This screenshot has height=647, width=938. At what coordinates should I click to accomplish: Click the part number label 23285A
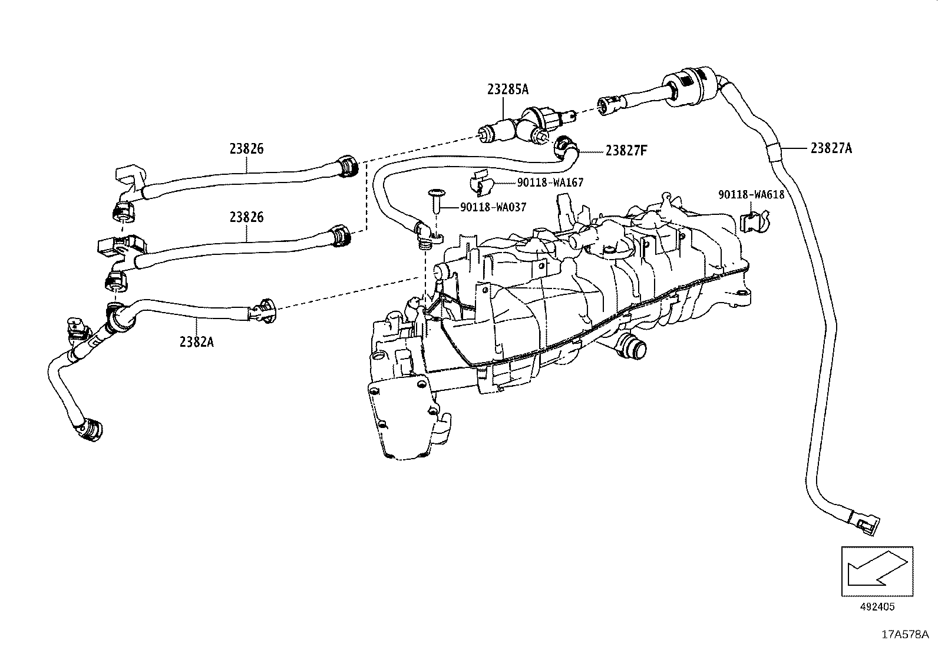pyautogui.click(x=507, y=89)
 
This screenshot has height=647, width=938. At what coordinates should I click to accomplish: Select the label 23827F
pyautogui.click(x=626, y=150)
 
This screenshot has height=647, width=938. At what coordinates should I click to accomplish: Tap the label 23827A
pyautogui.click(x=831, y=148)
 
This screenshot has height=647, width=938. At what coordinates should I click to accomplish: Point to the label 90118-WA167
pyautogui.click(x=550, y=183)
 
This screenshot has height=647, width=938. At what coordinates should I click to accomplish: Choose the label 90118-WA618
pyautogui.click(x=751, y=194)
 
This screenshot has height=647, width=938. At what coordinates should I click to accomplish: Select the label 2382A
pyautogui.click(x=196, y=340)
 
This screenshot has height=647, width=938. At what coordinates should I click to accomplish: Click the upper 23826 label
pyautogui.click(x=246, y=148)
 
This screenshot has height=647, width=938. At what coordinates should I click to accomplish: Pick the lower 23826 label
pyautogui.click(x=246, y=217)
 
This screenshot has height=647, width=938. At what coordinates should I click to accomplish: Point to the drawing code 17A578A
pyautogui.click(x=905, y=634)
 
